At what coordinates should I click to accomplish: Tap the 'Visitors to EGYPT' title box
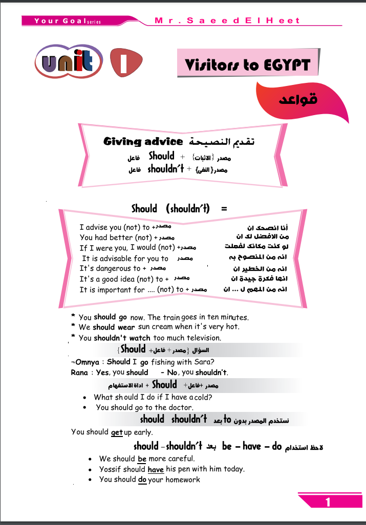tap(248, 65)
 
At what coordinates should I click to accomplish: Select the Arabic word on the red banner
tap(298, 99)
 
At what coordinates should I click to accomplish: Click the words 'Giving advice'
tap(143, 141)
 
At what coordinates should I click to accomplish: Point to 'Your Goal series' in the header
tap(68, 21)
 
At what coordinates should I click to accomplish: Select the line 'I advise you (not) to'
tap(115, 227)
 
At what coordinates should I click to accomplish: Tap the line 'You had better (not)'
tap(116, 237)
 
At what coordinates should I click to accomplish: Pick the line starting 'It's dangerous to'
tap(110, 269)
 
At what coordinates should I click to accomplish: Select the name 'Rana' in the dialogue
tap(79, 373)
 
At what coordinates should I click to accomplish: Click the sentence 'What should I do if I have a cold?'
tap(153, 397)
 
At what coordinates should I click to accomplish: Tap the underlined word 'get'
tap(117, 432)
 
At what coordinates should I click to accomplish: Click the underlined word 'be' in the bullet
tap(142, 459)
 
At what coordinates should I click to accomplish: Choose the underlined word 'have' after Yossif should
tap(156, 469)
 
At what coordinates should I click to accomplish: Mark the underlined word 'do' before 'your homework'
tap(142, 480)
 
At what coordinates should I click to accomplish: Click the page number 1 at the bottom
tap(328, 502)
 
